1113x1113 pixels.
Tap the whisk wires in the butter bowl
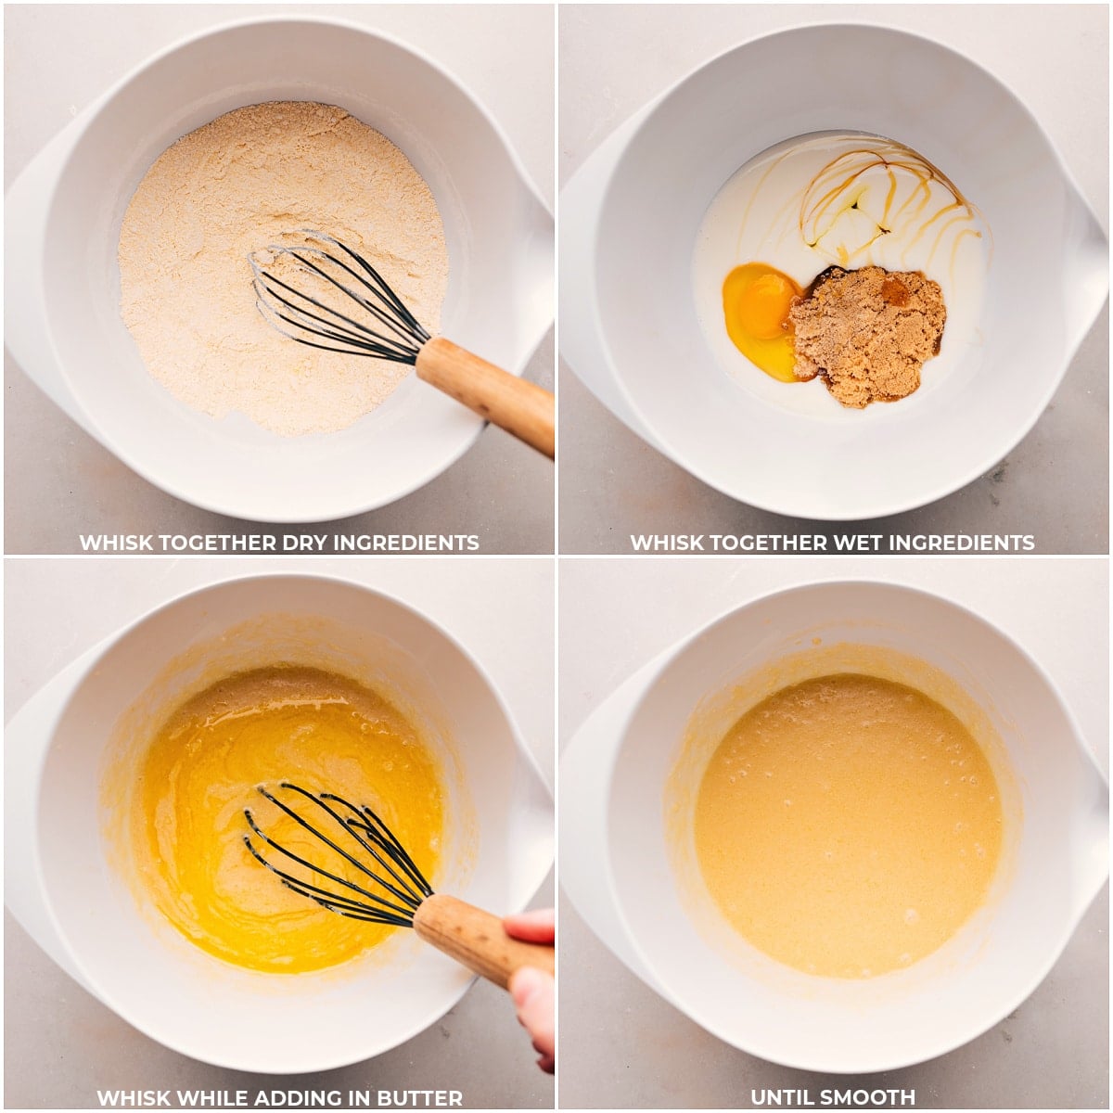click(339, 853)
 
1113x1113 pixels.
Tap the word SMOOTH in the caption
click(869, 1098)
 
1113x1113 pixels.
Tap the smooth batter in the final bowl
click(849, 825)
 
